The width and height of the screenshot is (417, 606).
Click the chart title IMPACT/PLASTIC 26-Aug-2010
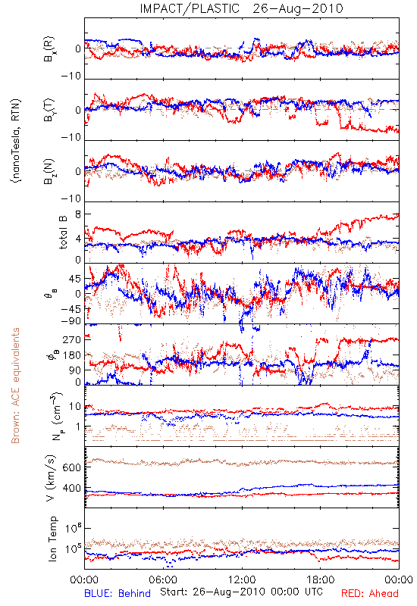click(241, 8)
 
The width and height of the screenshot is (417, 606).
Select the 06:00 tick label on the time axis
click(163, 579)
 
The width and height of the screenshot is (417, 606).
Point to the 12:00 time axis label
click(242, 579)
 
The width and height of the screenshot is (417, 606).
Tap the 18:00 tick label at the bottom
click(321, 579)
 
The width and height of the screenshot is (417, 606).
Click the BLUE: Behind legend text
click(118, 593)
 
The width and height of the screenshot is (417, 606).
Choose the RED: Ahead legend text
click(370, 593)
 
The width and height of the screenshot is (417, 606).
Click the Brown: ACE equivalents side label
click(15, 386)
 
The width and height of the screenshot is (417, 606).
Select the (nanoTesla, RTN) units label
click(16, 141)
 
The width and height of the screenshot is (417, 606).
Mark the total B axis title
click(63, 233)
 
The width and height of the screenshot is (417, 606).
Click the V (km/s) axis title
click(51, 478)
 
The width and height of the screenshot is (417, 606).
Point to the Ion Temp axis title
click(52, 539)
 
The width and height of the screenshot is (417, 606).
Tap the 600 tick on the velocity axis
click(72, 467)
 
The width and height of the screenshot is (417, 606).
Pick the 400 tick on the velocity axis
click(72, 489)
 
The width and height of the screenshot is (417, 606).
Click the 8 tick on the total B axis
click(79, 214)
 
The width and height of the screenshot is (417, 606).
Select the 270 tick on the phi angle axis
click(72, 340)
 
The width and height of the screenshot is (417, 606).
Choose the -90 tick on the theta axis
click(71, 321)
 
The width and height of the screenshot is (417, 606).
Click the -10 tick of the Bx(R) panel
click(71, 77)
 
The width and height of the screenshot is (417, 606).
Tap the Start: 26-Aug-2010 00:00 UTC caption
click(241, 592)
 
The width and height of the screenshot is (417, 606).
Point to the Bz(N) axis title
click(49, 171)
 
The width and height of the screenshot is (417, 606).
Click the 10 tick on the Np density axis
click(75, 407)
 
